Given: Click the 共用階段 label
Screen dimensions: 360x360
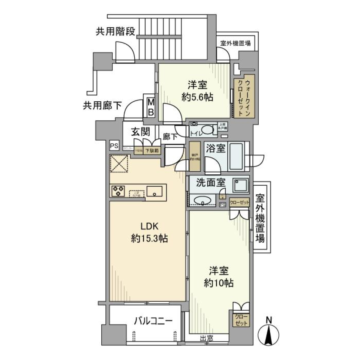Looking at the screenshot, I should click(115, 31).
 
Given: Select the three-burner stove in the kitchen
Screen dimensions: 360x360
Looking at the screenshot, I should click(118, 191).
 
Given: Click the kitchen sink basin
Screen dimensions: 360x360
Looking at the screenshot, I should click(154, 192).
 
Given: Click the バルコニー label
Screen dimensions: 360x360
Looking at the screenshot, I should click(153, 321).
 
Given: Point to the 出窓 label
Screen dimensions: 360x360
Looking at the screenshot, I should click(207, 339).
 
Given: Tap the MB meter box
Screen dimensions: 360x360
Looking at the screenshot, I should click(150, 106).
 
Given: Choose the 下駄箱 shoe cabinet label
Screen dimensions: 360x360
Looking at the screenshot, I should click(151, 151).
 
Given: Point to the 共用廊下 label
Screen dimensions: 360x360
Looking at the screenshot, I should click(102, 106).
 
